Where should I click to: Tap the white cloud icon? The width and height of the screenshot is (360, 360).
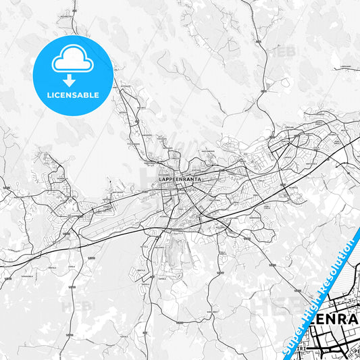[x=72, y=61]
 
